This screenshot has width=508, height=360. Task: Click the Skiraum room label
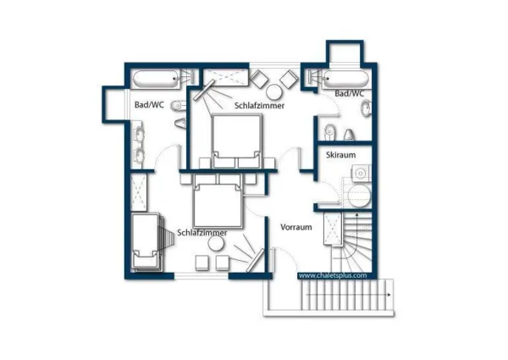tap(341, 155)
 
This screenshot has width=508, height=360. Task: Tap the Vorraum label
tap(296, 227)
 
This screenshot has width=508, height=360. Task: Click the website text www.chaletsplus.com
tap(333, 275)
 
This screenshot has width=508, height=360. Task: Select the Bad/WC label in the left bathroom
tap(149, 105)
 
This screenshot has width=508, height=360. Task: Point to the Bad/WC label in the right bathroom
tap(349, 94)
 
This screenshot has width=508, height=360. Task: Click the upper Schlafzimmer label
tap(260, 106)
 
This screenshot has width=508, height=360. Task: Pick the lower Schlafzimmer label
tap(202, 233)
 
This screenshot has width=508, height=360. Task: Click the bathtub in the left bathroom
tap(157, 80)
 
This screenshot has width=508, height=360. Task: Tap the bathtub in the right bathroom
tap(346, 80)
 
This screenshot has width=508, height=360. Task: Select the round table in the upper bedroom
tap(273, 91)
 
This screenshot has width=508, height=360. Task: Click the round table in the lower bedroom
tap(216, 243)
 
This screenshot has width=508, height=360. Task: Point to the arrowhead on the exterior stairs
tap(389, 295)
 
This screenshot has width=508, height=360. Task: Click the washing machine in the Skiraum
tap(362, 174)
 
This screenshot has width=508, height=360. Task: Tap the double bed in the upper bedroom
tap(237, 141)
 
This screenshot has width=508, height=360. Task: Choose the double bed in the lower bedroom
tap(218, 201)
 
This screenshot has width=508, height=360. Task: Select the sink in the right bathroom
tap(367, 108)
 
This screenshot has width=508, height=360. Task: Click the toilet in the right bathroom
tap(330, 132)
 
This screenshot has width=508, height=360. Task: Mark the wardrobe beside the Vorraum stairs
tap(333, 229)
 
